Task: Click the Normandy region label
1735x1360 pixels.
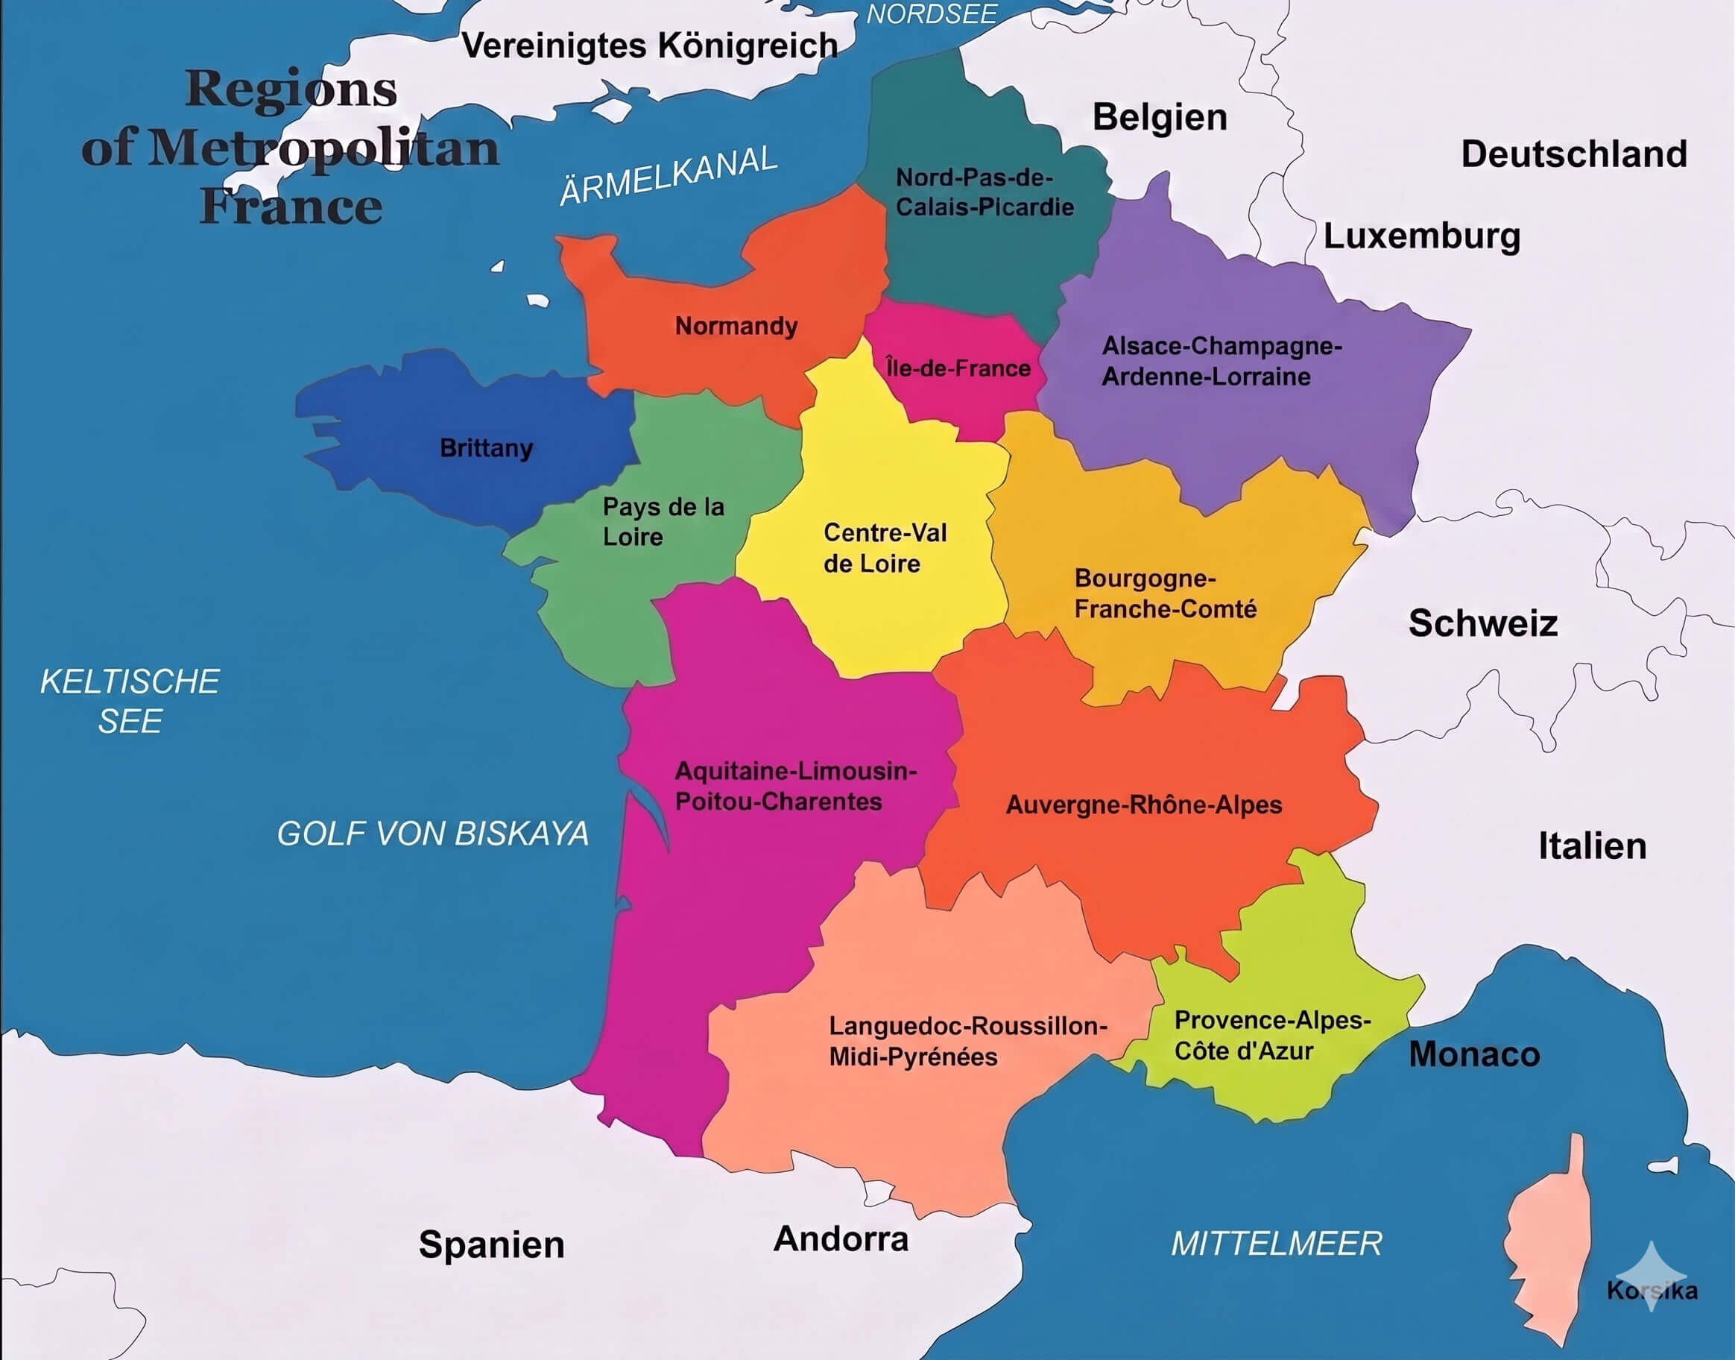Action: coord(736,326)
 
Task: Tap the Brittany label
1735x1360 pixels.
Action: coord(486,447)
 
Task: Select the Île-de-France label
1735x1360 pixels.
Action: coord(958,368)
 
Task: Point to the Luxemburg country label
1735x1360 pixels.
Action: coord(1421,236)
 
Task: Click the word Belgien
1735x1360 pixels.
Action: coord(1160,118)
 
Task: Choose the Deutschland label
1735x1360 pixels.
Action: coord(1573,154)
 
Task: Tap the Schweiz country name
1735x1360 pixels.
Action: coord(1482,623)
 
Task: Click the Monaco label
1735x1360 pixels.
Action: coord(1474,1054)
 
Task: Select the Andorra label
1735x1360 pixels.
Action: coord(841,1239)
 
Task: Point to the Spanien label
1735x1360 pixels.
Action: coord(491,1244)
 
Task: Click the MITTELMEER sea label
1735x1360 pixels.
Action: coord(1276,1244)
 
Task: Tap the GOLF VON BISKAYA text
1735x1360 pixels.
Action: coord(432,834)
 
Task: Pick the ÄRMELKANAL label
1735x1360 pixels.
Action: coord(669,176)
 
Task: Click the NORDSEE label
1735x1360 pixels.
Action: coord(931,14)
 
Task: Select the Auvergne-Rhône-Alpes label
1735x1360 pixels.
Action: coord(1144,805)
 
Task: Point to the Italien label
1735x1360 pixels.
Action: coord(1592,846)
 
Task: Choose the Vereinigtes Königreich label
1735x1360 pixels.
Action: coord(649,46)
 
